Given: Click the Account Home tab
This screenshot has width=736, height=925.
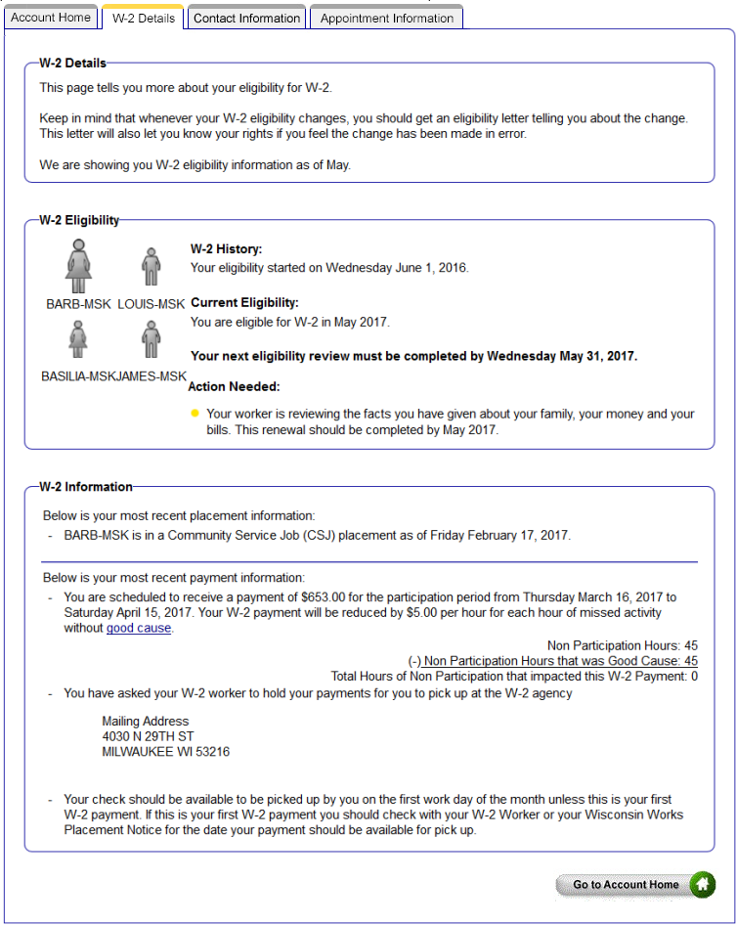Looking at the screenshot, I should coord(50,18).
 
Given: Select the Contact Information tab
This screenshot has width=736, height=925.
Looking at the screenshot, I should coord(246,18).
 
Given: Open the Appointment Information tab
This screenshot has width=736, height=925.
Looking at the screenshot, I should coord(386,18).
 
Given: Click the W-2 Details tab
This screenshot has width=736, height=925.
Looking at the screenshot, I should coord(143,18).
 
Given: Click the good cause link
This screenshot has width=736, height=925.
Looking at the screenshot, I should coord(139,628).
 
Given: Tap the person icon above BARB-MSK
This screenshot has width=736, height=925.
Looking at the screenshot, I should coord(78,267).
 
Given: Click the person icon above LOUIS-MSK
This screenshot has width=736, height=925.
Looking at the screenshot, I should coord(151,267).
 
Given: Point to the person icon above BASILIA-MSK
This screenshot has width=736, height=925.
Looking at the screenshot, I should coord(78,339).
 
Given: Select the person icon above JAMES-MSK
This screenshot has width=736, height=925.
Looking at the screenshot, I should coord(151,339).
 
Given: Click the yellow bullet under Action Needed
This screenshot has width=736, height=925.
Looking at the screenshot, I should coord(195,414).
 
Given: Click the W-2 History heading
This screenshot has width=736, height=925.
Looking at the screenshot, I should coord(226,249).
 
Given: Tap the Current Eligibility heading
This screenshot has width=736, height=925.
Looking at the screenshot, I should coord(244,303).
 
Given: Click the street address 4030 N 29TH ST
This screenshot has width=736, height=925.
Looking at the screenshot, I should coord(148,736).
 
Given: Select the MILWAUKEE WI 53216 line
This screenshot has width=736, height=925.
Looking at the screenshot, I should coord(165,752).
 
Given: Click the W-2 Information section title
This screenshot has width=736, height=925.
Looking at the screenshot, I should coord(86,486).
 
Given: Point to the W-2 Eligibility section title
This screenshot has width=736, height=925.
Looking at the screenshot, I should coord(79,220).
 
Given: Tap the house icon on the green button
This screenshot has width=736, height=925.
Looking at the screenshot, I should coord(702,885).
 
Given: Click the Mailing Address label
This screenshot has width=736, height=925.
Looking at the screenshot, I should coord(146,721).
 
